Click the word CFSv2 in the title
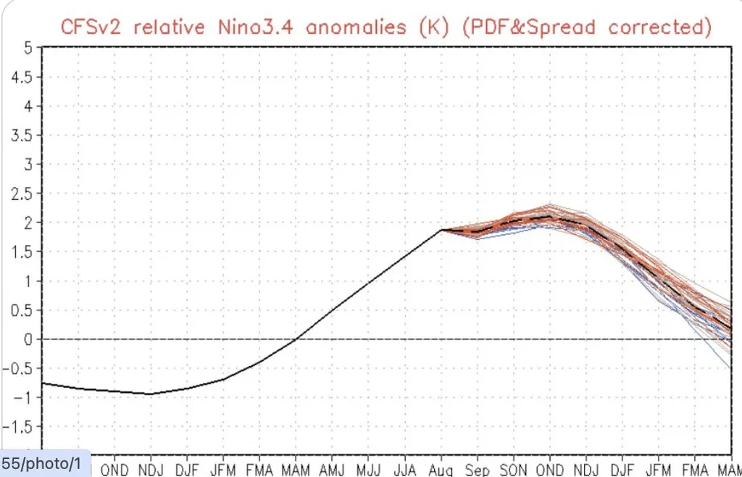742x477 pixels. (91, 27)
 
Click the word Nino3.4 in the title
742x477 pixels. (254, 27)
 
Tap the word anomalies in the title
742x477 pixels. (356, 27)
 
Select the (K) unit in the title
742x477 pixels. (434, 28)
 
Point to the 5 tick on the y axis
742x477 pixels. (28, 48)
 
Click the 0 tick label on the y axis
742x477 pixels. (28, 339)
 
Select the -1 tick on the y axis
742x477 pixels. (24, 397)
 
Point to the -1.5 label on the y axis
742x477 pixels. (20, 427)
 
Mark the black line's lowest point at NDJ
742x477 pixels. (151, 394)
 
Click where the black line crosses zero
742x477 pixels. (296, 339)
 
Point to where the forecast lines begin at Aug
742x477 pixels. (441, 230)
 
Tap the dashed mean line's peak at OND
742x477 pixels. (550, 217)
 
